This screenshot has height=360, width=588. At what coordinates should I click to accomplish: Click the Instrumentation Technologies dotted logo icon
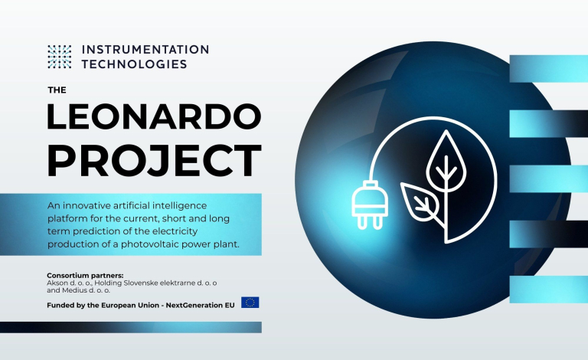click(x=59, y=57)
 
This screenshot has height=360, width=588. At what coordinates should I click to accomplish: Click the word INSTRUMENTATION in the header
click(x=145, y=50)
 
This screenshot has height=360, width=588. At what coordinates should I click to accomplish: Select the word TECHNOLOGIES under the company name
click(x=134, y=64)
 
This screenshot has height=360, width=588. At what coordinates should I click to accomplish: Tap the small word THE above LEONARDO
click(x=57, y=90)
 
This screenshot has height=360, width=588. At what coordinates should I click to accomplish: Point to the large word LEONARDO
click(x=154, y=116)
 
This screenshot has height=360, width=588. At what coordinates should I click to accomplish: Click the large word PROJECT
click(x=154, y=161)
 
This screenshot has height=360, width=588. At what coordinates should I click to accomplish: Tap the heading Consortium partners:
click(x=85, y=276)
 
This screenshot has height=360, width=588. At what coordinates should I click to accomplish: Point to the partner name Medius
click(x=74, y=290)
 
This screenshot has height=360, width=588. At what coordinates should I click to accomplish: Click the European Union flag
click(x=250, y=303)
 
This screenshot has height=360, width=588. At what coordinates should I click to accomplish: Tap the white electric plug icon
click(x=370, y=205)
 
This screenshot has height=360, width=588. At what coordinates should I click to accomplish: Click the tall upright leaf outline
click(x=446, y=162)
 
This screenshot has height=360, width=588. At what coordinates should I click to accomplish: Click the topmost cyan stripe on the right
click(x=549, y=69)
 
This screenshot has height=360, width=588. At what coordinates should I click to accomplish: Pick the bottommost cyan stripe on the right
click(x=549, y=290)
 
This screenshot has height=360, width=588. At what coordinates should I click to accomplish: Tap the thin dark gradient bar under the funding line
click(x=131, y=327)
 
